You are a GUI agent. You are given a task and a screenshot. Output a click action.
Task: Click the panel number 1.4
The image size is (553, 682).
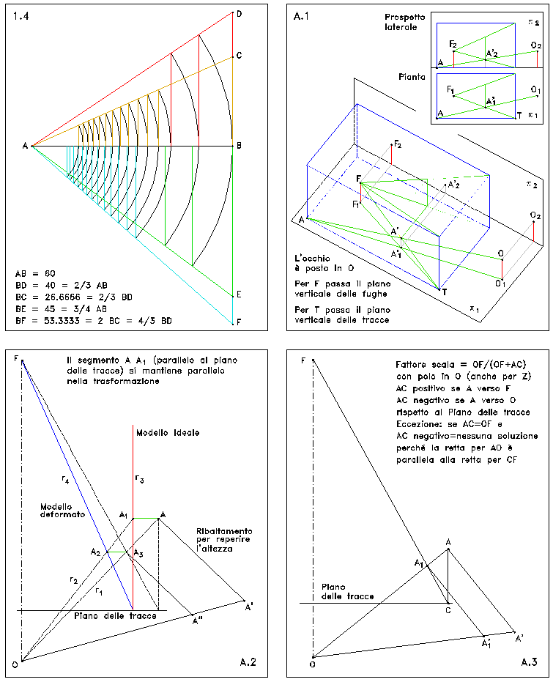21,17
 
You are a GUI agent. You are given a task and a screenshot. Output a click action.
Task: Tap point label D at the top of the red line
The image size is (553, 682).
239,14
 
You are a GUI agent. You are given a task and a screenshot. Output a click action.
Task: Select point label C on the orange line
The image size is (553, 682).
239,55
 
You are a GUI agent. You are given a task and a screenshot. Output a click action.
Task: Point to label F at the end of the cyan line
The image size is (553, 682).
239,322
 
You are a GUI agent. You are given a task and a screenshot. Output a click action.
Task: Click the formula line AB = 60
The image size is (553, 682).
35,273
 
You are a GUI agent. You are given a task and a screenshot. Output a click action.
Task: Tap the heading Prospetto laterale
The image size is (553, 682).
404,22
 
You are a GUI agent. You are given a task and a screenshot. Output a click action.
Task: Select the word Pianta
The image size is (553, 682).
412,77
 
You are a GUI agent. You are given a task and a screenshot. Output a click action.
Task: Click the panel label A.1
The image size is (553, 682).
301,17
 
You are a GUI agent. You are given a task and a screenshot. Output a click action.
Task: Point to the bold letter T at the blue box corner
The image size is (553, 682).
445,292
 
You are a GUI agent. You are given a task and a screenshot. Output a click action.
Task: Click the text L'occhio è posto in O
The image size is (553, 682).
324,263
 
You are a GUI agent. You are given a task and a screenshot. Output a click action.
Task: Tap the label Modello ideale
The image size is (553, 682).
168,433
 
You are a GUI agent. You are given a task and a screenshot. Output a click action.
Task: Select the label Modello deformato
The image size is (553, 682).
62,511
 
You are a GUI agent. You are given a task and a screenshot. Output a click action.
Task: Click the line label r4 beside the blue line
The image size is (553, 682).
65,480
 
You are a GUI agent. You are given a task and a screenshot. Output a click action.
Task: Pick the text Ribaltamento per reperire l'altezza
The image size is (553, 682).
224,540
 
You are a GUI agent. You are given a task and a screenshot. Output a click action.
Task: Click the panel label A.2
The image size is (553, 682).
248,662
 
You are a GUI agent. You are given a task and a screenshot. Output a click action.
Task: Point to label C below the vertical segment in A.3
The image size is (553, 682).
448,610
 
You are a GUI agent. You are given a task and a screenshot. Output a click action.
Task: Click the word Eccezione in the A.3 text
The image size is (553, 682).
418,423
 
